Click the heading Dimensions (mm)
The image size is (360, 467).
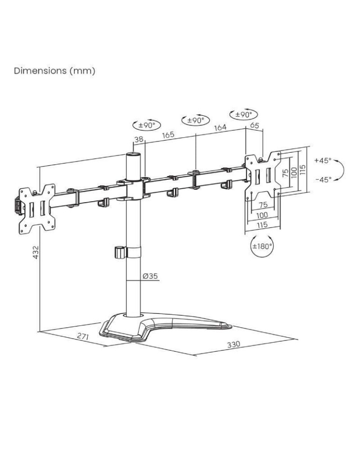55,71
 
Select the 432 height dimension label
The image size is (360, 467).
36,253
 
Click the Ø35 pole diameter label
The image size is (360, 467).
150,276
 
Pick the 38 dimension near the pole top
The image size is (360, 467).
139,139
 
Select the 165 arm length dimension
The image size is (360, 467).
168,134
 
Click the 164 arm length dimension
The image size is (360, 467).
220,127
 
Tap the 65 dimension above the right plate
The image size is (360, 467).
255,125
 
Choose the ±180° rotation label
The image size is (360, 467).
262,246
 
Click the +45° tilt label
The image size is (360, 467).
322,160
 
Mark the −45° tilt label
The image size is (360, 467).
322,179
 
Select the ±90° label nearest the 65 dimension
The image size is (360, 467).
243,114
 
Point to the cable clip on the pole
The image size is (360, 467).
120,252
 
